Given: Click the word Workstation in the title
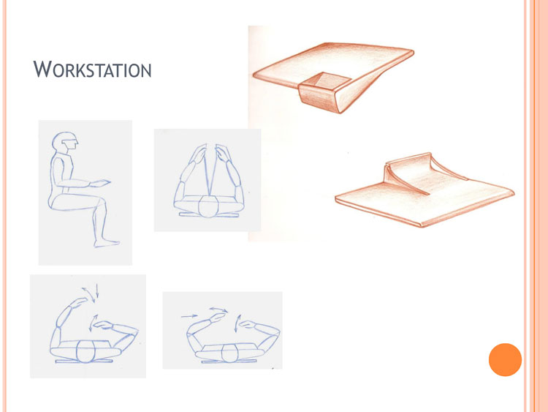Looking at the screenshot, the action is tap(92, 70).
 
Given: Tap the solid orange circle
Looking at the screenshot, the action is tap(505, 359).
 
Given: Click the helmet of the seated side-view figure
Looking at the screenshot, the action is tap(64, 141).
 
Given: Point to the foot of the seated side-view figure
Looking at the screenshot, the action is tap(107, 243).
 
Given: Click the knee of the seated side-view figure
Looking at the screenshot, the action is tap(101, 202).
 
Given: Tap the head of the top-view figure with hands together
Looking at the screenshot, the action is tap(208, 206).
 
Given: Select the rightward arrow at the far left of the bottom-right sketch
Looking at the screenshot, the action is tap(189, 316).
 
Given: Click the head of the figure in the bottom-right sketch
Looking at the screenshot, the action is tap(229, 353).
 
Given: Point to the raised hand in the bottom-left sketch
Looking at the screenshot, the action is tap(79, 301).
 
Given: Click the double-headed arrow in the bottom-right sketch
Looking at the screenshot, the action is tap(218, 310).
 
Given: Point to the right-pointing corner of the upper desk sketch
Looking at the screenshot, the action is tap(414, 53).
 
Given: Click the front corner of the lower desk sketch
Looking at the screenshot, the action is tap(422, 225).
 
